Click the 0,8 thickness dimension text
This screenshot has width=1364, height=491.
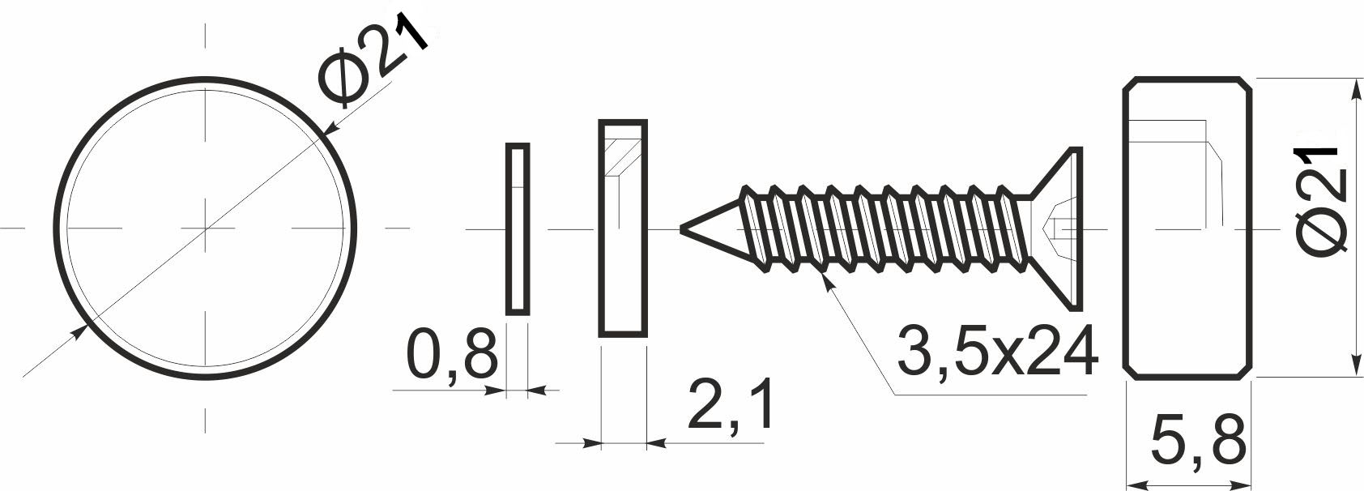pos(450,354)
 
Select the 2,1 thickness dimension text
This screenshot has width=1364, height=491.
pos(730,406)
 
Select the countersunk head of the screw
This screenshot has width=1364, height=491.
pos(1058,228)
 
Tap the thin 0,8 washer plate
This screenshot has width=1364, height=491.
pos(518,228)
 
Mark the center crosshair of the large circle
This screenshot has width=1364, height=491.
pos(206,228)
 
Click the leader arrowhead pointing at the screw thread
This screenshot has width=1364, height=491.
pos(825,280)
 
